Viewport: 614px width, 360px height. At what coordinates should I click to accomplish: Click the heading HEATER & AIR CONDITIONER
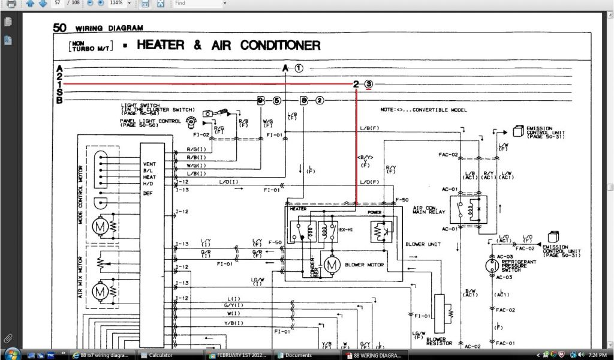coord(228,46)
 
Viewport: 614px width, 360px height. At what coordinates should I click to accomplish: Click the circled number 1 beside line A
coord(299,68)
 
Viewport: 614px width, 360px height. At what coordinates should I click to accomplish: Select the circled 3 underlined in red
coord(369,84)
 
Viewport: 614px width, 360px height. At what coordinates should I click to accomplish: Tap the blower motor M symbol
coord(332,264)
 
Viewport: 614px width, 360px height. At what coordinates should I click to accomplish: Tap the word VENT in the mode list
coord(149,164)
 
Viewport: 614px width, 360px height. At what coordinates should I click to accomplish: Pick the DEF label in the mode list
coord(148,193)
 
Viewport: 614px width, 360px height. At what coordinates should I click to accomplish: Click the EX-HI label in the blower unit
coord(345,229)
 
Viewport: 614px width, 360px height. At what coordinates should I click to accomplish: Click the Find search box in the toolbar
coord(198,3)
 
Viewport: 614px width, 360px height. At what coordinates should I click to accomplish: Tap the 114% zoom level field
coord(119,3)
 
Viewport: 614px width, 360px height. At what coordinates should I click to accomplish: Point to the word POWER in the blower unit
coord(375,212)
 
